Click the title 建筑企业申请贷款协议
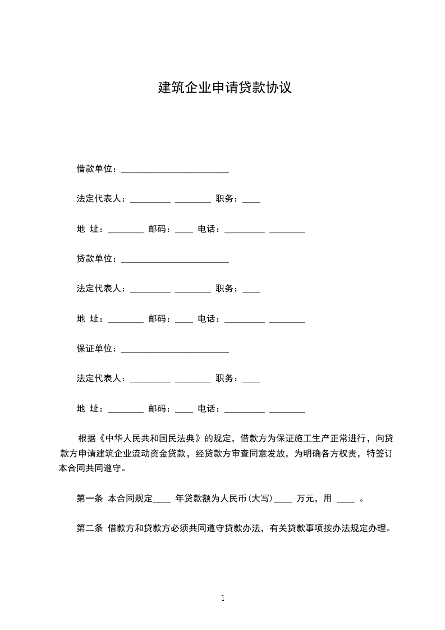[224, 88]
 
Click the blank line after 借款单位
[175, 170]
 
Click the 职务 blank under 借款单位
[251, 200]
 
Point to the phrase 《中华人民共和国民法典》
[150, 438]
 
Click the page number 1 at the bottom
[223, 598]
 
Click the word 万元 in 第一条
[306, 498]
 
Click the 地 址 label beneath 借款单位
[88, 229]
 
